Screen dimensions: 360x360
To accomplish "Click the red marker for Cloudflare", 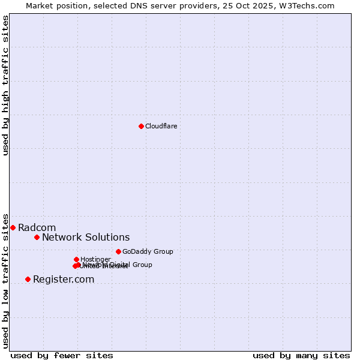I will pyautogui.click(x=141, y=126).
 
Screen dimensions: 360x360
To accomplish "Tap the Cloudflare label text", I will pyautogui.click(x=161, y=126).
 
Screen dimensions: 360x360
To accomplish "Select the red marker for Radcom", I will pyautogui.click(x=13, y=227).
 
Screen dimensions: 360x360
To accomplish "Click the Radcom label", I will pyautogui.click(x=37, y=227).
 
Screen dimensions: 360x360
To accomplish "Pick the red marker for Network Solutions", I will pyautogui.click(x=37, y=237).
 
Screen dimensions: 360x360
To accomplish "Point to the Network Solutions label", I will pyautogui.click(x=86, y=237).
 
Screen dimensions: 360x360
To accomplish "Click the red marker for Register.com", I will pyautogui.click(x=28, y=279).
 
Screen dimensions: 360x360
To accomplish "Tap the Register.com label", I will pyautogui.click(x=64, y=279).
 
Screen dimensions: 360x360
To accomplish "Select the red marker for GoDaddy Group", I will pyautogui.click(x=118, y=251).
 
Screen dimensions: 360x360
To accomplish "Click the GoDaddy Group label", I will pyautogui.click(x=148, y=251).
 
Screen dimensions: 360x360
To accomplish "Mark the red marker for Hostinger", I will pyautogui.click(x=76, y=259).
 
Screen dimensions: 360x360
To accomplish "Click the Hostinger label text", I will pyautogui.click(x=95, y=259).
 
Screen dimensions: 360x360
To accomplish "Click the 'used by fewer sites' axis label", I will pyautogui.click(x=62, y=355).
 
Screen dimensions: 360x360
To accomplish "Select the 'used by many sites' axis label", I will pyautogui.click(x=301, y=355).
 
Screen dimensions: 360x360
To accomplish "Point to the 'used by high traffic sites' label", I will pyautogui.click(x=5, y=85).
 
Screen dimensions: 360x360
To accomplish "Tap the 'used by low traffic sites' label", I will pyautogui.click(x=5, y=280).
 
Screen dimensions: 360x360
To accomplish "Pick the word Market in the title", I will pyautogui.click(x=39, y=5).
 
